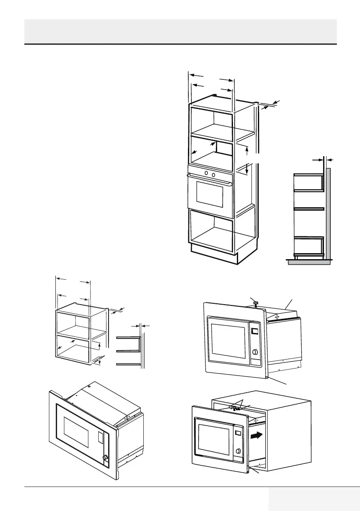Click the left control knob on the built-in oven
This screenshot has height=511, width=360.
206,173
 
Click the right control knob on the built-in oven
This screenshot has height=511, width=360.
213,174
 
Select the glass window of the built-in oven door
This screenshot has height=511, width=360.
210,195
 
